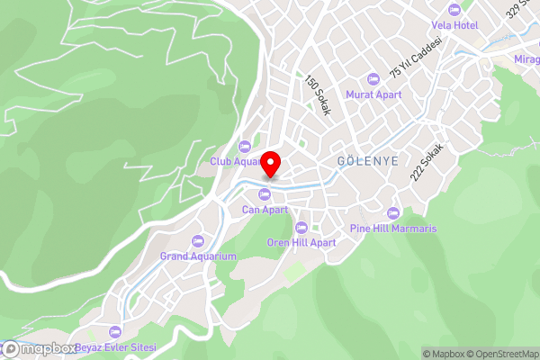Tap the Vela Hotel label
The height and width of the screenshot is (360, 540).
point(454,25)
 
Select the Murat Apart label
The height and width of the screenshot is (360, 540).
point(373,94)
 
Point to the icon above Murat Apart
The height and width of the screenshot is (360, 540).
point(373,78)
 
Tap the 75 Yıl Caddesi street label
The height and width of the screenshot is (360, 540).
point(415,58)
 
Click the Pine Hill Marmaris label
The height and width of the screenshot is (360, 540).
point(392,229)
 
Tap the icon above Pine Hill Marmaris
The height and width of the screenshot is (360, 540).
point(392,213)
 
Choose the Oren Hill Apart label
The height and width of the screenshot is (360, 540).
point(301,243)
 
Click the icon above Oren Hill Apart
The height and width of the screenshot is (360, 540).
point(301,228)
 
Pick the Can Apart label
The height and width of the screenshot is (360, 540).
point(265,210)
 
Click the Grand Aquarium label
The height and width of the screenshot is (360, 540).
point(198,256)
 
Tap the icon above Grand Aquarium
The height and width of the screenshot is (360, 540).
point(198,241)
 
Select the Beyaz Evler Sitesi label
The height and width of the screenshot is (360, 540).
point(115,347)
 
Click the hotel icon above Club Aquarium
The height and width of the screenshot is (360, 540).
point(243,147)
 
